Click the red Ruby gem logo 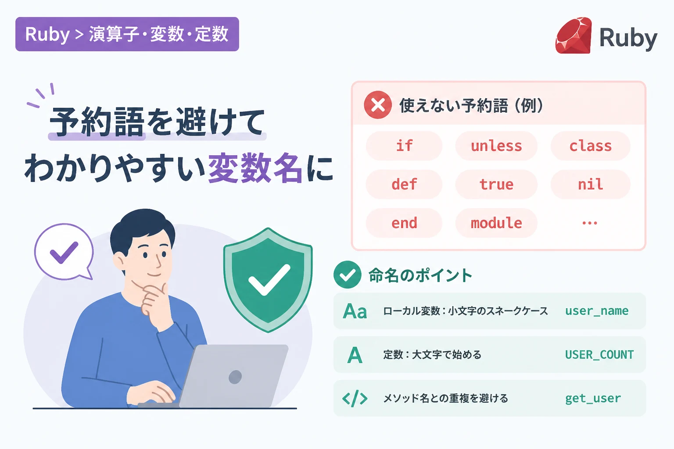point(574,36)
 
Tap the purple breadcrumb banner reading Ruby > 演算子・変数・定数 point(127,34)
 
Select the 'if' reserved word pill point(404,146)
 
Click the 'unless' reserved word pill point(496,146)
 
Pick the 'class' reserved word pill point(590,146)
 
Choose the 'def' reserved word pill point(404,184)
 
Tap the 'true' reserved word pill point(496,184)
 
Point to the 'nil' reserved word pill point(590,184)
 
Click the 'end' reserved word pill point(404,223)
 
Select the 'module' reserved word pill point(496,223)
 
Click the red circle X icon point(378,105)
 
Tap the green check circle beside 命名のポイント point(347,274)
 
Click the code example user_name point(597,311)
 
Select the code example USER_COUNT point(599,355)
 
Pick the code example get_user point(593,399)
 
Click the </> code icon point(355,399)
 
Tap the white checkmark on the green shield point(269,280)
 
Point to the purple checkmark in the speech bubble point(64,252)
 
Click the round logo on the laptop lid point(235,377)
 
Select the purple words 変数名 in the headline point(255,168)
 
